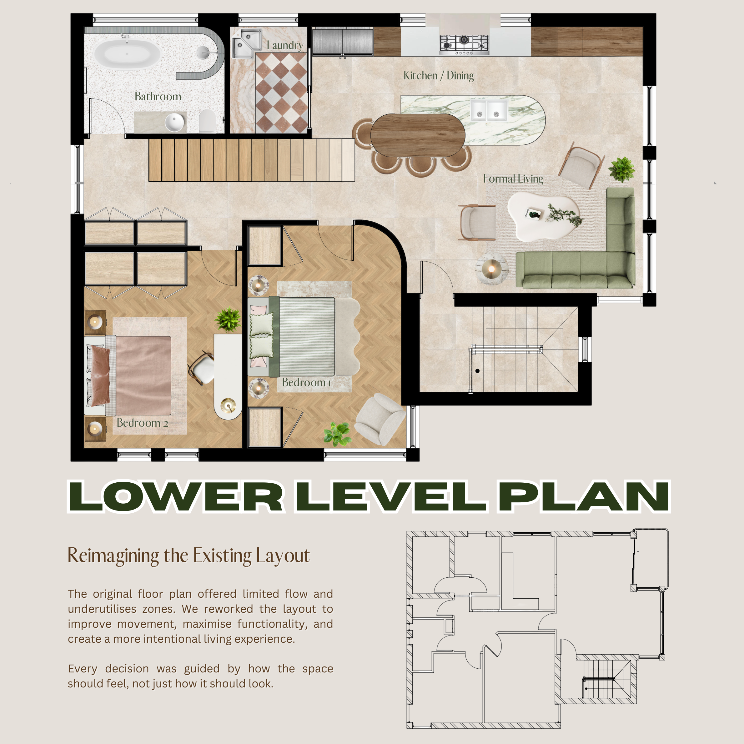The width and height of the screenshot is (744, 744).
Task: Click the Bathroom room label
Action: [x=158, y=96]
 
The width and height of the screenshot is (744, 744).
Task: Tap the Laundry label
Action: [x=285, y=45]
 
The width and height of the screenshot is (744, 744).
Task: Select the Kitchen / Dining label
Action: [x=439, y=75]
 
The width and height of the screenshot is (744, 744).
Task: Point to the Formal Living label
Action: [x=513, y=179]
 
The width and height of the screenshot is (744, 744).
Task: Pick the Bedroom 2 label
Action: [x=143, y=423]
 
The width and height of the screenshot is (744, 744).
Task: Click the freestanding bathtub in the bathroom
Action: [x=127, y=54]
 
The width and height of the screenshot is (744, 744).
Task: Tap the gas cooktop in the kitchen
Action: [x=464, y=43]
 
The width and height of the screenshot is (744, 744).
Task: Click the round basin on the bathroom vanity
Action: [x=175, y=123]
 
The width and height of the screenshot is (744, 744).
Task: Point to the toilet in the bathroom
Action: [x=207, y=121]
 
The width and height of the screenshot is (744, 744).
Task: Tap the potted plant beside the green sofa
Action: [x=621, y=169]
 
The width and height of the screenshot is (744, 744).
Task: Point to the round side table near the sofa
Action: [x=492, y=269]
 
